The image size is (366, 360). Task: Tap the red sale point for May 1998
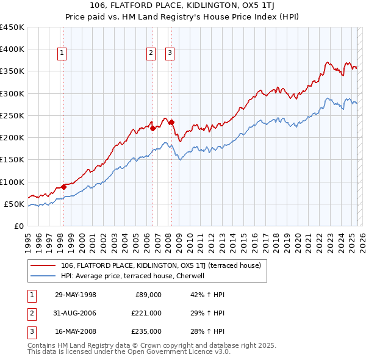pyautogui.click(x=63, y=187)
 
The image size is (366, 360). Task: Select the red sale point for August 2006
pyautogui.click(x=152, y=128)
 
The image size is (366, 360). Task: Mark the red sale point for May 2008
pyautogui.click(x=171, y=122)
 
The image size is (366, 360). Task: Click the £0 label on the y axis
pyautogui.click(x=19, y=226)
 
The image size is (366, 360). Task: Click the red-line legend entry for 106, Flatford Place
pyautogui.click(x=160, y=265)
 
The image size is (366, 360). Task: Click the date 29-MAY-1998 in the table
pyautogui.click(x=76, y=295)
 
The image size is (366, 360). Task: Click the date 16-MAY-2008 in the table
pyautogui.click(x=76, y=331)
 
